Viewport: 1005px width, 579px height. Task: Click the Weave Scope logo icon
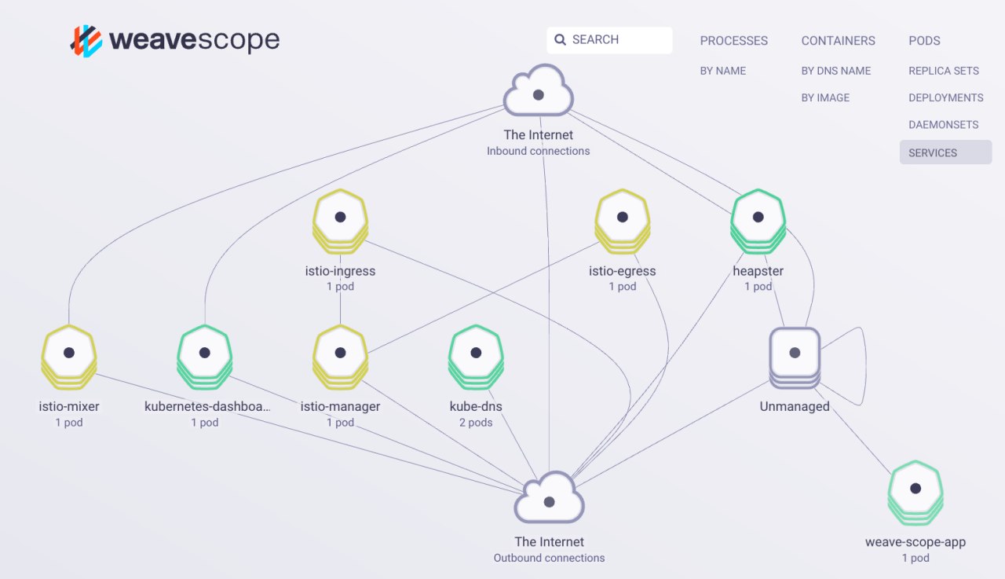click(86, 41)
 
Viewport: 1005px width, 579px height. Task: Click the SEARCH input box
click(609, 40)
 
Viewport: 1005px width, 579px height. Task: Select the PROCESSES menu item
click(733, 41)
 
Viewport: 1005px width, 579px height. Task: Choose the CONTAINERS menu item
click(838, 41)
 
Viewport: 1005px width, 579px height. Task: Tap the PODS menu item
click(924, 41)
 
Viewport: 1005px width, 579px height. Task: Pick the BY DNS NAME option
click(836, 71)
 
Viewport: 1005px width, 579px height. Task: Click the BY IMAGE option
click(825, 98)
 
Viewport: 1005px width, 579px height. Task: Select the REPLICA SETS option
click(944, 71)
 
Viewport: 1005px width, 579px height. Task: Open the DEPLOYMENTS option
click(946, 98)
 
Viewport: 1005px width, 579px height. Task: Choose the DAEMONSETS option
click(944, 125)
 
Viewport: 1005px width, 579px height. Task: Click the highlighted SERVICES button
click(946, 152)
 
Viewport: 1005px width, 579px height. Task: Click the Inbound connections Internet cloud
click(539, 90)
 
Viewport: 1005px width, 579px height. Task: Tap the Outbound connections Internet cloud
click(549, 497)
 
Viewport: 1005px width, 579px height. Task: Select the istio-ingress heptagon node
click(340, 222)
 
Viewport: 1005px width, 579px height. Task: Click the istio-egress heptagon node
click(623, 222)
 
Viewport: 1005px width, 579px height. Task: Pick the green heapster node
click(758, 222)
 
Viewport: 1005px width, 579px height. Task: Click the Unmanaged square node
click(795, 357)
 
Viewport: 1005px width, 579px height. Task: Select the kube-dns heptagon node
click(476, 357)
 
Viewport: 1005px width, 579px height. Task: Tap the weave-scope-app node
click(915, 493)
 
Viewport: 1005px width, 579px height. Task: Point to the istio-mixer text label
click(69, 407)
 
